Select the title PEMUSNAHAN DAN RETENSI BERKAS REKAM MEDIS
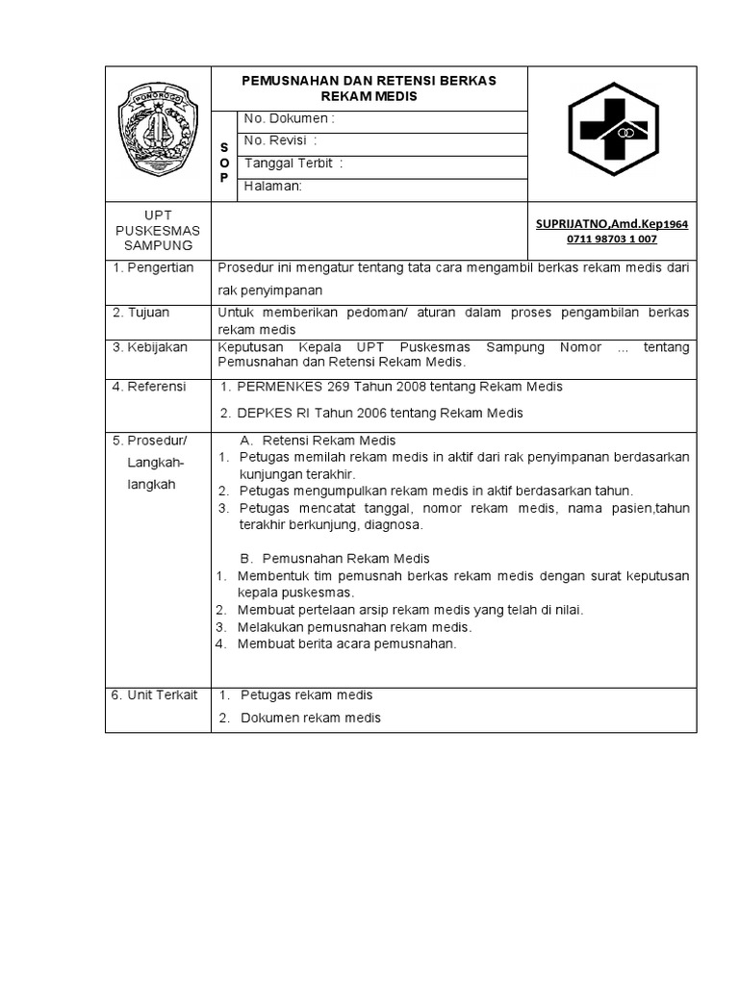point(369,88)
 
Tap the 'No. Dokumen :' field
point(290,119)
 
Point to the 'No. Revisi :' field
point(281,141)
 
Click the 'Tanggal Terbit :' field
point(293,164)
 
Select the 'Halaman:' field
point(274,187)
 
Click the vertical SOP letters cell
point(224,164)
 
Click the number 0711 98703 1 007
point(612,240)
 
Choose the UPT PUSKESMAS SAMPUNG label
point(158,231)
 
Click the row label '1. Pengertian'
point(154,267)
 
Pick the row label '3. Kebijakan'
point(150,347)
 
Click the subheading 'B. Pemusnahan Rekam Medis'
point(333,558)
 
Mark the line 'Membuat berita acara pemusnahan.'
point(347,644)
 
